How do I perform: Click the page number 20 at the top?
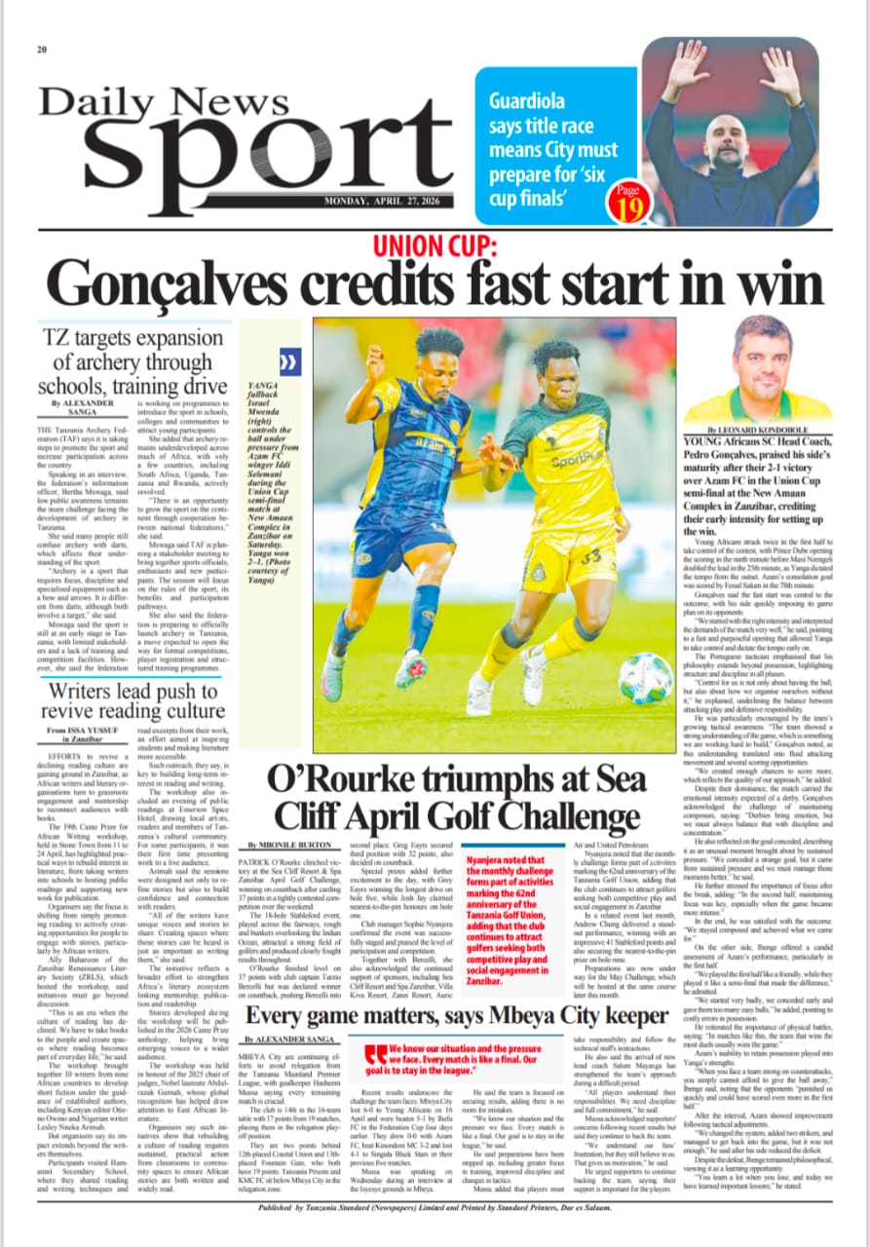[43, 50]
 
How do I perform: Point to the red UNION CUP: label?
[435, 244]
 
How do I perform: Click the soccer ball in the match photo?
[645, 679]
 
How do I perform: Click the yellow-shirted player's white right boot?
[478, 692]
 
